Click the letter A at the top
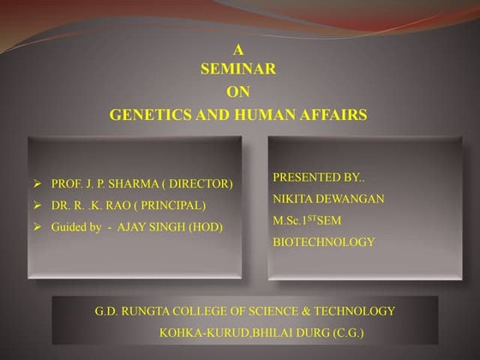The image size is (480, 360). tap(238, 51)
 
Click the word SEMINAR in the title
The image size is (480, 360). tap(238, 70)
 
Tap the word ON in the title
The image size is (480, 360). tap(238, 92)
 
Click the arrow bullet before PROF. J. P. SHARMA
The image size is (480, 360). tap(37, 184)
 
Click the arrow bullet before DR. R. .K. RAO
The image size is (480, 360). tap(37, 206)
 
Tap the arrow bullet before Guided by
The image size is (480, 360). tap(37, 227)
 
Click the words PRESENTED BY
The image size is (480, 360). tap(318, 177)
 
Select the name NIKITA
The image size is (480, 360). tap(292, 199)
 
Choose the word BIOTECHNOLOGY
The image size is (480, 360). tap(323, 243)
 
